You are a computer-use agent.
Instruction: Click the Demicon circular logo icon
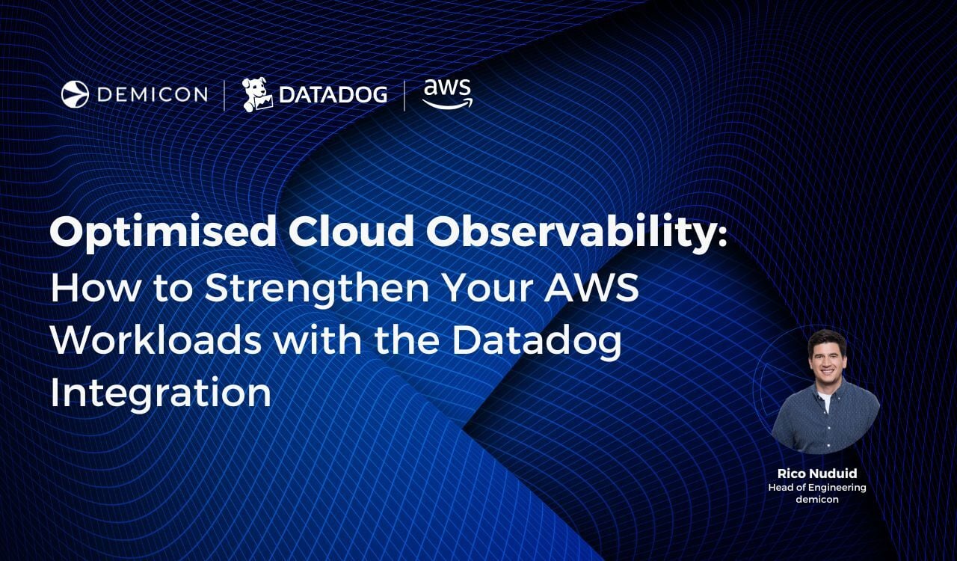pyautogui.click(x=75, y=94)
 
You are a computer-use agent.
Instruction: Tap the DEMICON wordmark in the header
pyautogui.click(x=153, y=94)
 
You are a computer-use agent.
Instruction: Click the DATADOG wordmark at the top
pyautogui.click(x=333, y=94)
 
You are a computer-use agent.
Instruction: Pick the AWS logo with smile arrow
pyautogui.click(x=447, y=93)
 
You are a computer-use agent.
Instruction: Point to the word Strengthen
pyautogui.click(x=317, y=287)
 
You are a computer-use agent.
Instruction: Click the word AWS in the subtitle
pyautogui.click(x=591, y=287)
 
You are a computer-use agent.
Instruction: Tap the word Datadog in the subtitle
pyautogui.click(x=537, y=342)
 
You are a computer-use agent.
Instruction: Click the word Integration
pyautogui.click(x=161, y=393)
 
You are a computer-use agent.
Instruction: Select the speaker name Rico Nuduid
pyautogui.click(x=817, y=473)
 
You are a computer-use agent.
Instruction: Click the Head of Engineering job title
pyautogui.click(x=817, y=488)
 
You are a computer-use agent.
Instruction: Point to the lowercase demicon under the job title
pyautogui.click(x=817, y=499)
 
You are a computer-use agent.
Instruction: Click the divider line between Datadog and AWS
pyautogui.click(x=404, y=95)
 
